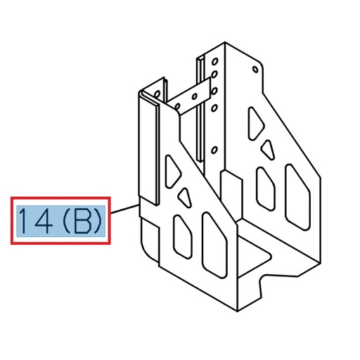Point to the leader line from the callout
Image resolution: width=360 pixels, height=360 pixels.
tap(124, 208)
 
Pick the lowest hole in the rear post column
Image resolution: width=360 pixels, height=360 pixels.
tap(214, 108)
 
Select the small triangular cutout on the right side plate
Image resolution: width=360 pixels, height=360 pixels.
tap(268, 150)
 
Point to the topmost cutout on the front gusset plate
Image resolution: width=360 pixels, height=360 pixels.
tap(172, 169)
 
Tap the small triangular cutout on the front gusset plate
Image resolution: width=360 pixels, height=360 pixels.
tap(185, 195)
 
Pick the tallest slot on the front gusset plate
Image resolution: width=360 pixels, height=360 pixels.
tap(210, 243)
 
